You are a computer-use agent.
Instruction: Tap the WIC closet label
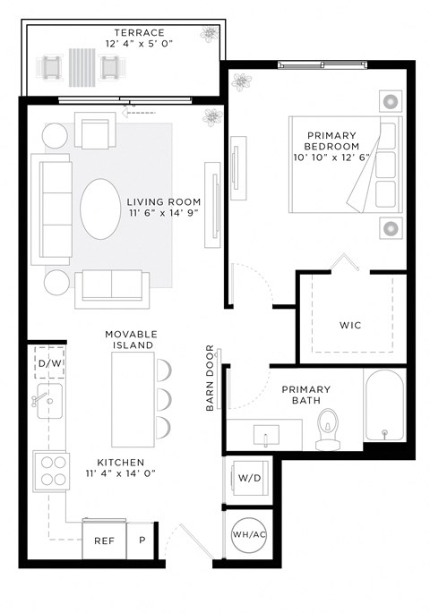pyautogui.click(x=349, y=324)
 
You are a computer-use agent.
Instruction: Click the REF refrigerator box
pyautogui.click(x=104, y=541)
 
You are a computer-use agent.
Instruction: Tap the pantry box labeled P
pyautogui.click(x=142, y=541)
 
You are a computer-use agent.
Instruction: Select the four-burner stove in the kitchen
pyautogui.click(x=52, y=469)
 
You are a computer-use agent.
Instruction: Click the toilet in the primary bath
pyautogui.click(x=328, y=428)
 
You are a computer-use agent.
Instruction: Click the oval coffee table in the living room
pyautogui.click(x=100, y=209)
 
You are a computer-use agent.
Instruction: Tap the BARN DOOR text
pyautogui.click(x=211, y=378)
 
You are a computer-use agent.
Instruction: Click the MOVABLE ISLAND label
pyautogui.click(x=129, y=338)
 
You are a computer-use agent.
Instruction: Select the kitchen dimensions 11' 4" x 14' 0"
pyautogui.click(x=122, y=473)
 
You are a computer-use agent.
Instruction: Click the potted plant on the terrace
pyautogui.click(x=209, y=35)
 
